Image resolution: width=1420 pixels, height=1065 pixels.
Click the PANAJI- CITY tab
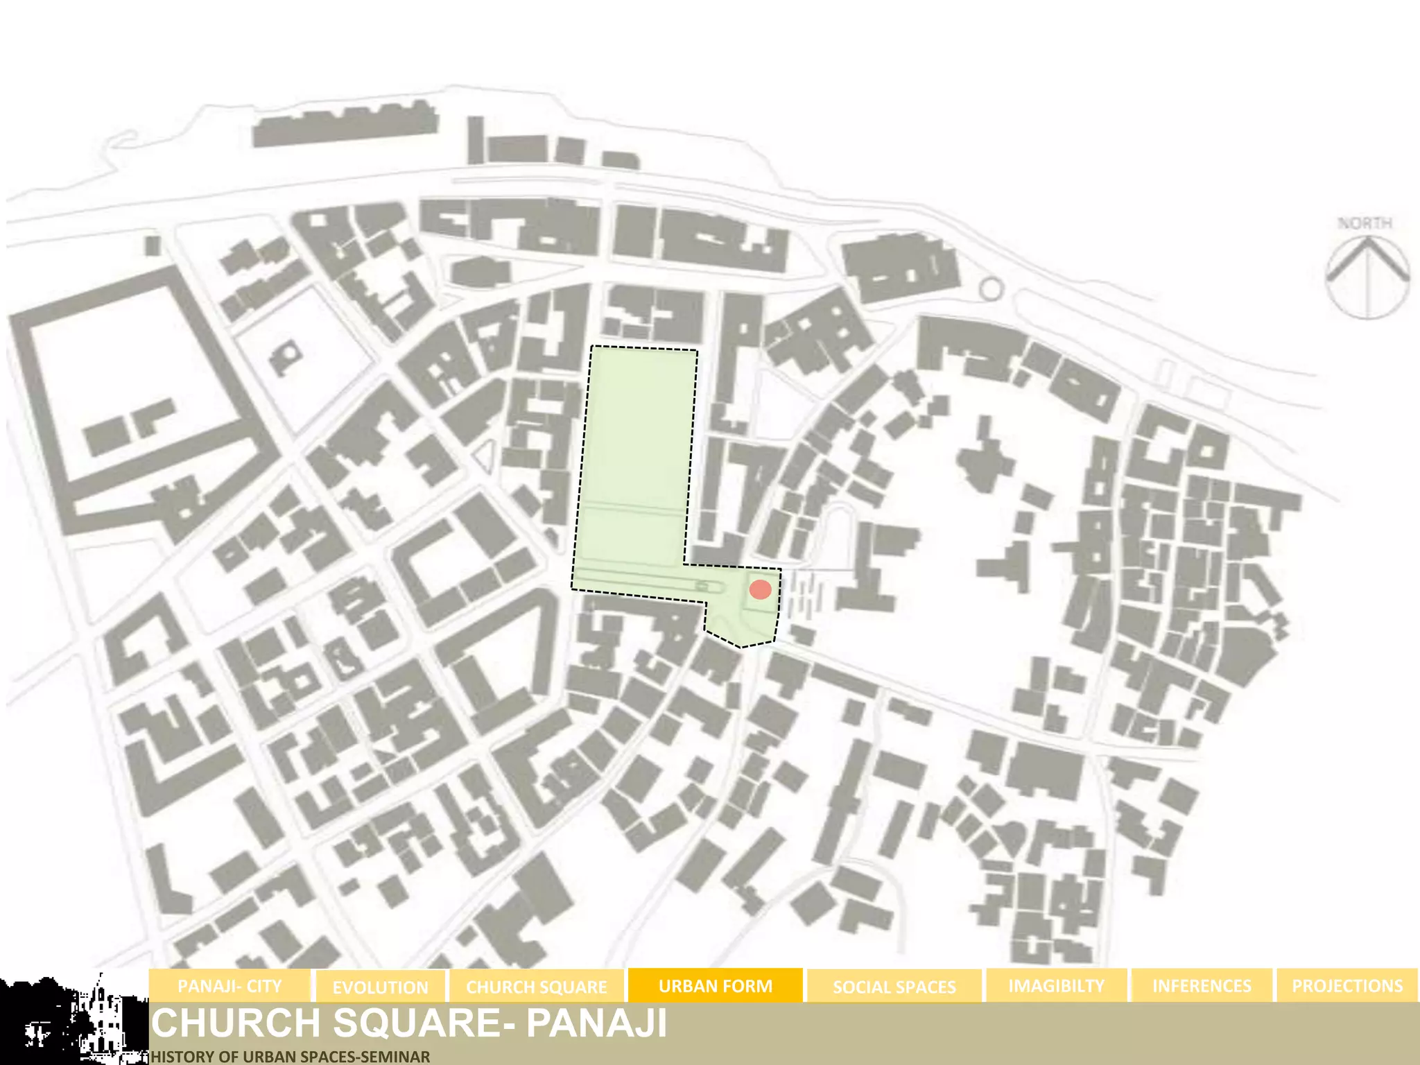(230, 986)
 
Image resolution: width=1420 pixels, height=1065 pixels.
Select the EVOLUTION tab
(380, 987)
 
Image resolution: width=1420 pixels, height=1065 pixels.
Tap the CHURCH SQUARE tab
(536, 987)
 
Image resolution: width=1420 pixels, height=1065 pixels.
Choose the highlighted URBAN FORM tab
(715, 986)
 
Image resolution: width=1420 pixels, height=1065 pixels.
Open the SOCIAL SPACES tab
(894, 987)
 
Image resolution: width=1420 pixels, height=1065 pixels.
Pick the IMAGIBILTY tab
(1056, 986)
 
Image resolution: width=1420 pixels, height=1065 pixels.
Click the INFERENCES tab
(1202, 986)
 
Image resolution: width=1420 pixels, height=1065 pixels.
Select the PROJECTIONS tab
(1347, 986)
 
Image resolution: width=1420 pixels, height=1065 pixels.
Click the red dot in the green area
(761, 589)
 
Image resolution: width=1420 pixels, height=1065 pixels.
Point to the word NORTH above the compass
(1365, 223)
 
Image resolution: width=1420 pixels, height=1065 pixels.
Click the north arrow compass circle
(1367, 277)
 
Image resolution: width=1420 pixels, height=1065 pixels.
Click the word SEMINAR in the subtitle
(397, 1057)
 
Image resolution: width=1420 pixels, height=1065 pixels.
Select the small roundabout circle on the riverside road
(992, 289)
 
